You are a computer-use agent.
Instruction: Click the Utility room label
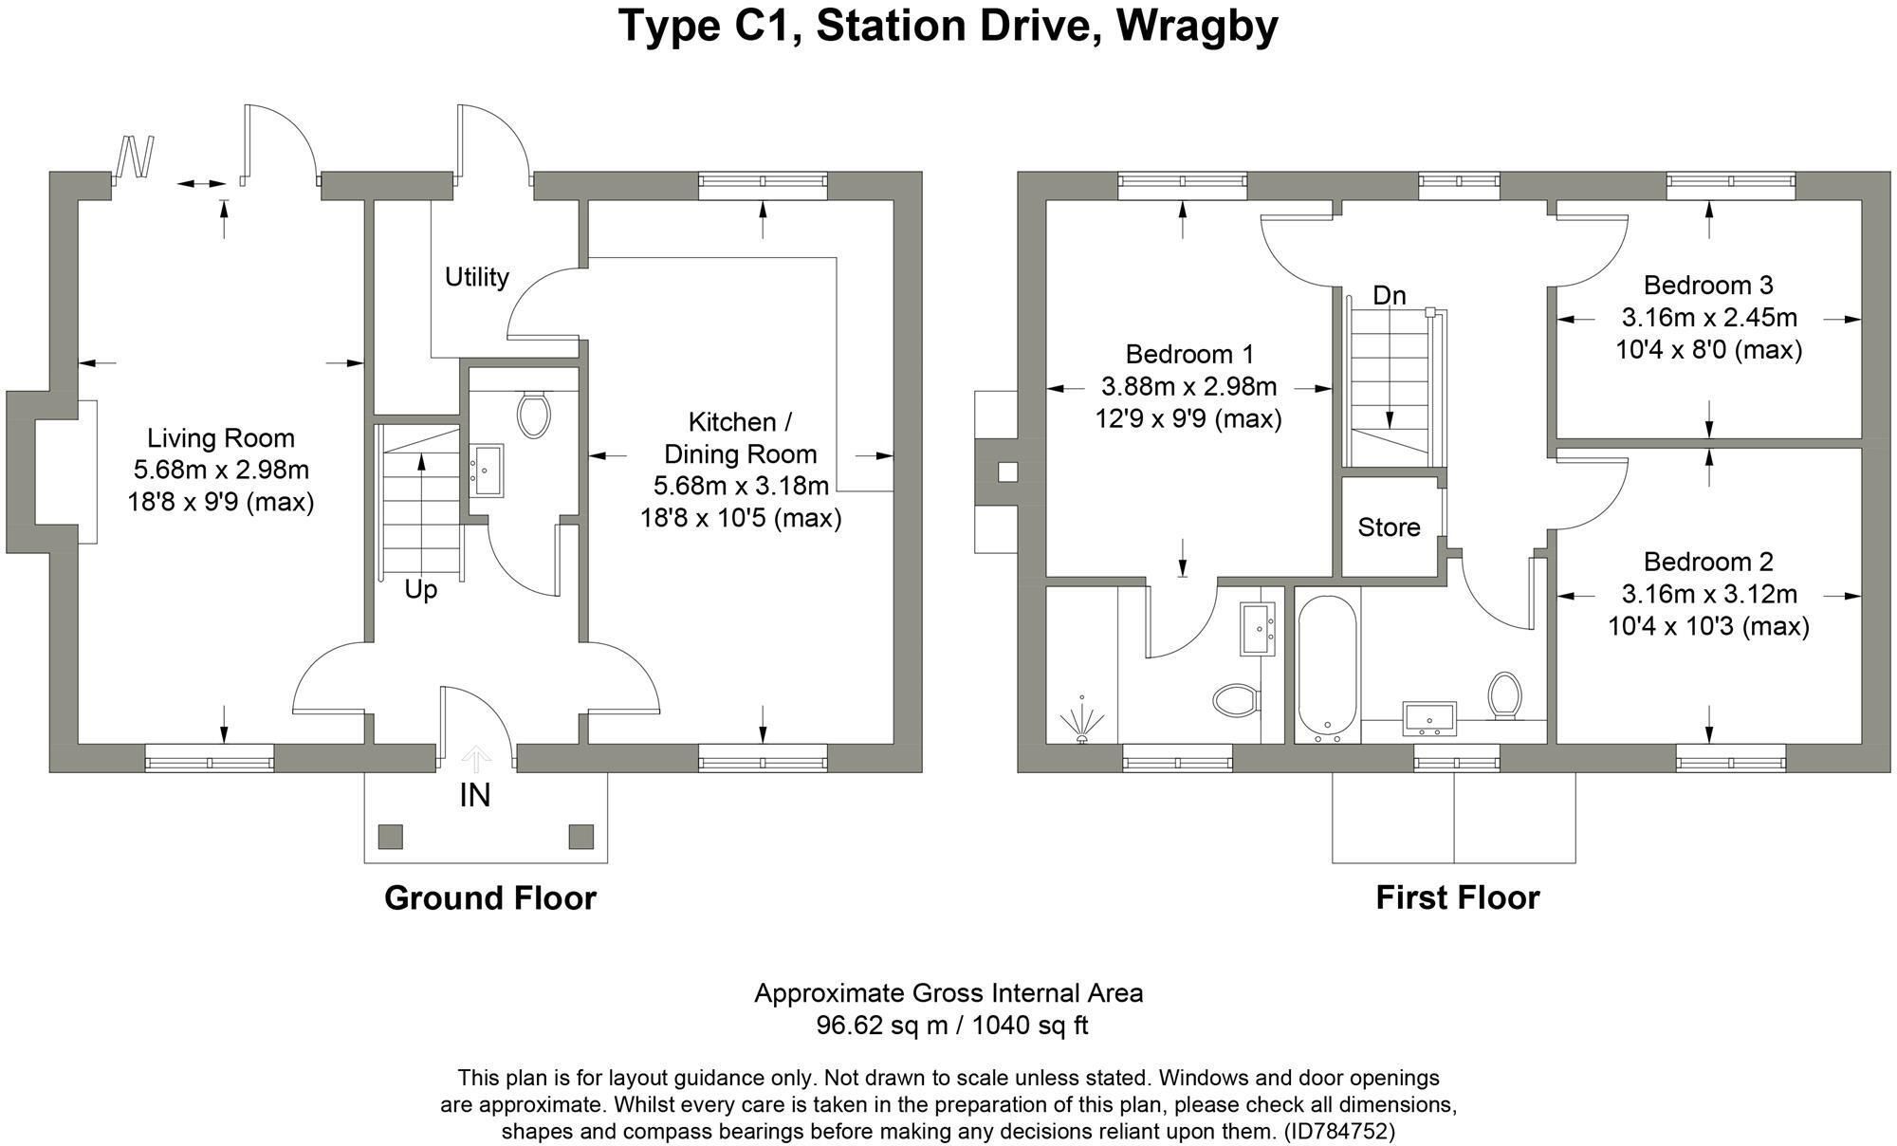(x=477, y=277)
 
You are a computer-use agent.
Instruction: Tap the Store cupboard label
(x=1389, y=527)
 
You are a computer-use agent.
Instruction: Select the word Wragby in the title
(x=1197, y=27)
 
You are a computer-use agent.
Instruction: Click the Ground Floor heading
(x=490, y=897)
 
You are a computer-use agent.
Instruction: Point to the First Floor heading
(x=1458, y=897)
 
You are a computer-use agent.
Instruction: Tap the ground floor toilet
(x=535, y=414)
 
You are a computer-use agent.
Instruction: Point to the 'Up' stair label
(x=420, y=590)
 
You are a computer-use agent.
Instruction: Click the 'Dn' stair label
(x=1390, y=296)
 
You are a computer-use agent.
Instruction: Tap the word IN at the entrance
(x=475, y=795)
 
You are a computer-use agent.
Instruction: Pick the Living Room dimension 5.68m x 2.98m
(x=221, y=471)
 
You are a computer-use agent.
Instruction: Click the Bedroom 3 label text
(x=1708, y=286)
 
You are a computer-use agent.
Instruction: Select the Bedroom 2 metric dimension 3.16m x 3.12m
(x=1709, y=595)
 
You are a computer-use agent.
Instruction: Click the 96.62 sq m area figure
(x=882, y=1026)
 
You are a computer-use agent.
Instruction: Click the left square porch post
(x=391, y=837)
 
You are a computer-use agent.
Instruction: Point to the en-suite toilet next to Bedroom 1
(x=1235, y=702)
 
